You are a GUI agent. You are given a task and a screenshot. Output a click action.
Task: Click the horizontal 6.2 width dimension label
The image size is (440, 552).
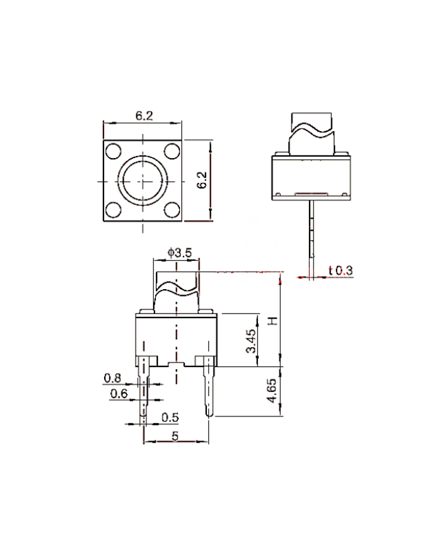coord(144,115)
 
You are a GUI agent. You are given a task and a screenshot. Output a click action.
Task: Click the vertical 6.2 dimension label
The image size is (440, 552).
coord(201,180)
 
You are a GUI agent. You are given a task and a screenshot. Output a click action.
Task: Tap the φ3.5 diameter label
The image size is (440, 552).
coord(180,253)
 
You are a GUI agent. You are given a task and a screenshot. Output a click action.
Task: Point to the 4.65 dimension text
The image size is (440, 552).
coord(272,391)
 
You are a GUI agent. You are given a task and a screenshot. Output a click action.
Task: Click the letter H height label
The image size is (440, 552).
coord(273,321)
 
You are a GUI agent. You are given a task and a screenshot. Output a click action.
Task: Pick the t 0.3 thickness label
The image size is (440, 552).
coord(341,270)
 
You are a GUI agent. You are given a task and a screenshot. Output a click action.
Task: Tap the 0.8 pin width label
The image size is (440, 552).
coord(112,378)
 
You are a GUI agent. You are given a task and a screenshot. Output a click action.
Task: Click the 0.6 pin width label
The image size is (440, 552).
coord(119,393)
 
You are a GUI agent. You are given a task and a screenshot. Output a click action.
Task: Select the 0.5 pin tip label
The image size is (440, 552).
coord(170,417)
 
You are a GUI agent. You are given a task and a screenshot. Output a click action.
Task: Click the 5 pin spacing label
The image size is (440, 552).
coord(175,436)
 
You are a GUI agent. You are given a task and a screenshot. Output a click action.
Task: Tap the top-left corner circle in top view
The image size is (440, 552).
coord(113,151)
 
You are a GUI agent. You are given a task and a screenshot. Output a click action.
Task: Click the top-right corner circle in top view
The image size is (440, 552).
coord(172,151)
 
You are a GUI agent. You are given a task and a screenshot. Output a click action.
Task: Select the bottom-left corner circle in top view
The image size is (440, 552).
coord(113,210)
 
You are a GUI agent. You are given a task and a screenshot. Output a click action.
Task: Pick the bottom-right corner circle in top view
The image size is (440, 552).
coord(172,210)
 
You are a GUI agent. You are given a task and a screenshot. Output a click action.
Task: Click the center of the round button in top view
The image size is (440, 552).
coord(143,181)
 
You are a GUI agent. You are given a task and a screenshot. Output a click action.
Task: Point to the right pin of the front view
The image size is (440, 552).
coord(210,386)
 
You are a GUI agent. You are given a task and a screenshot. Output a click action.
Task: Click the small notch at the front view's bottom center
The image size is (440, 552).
coord(176,364)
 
